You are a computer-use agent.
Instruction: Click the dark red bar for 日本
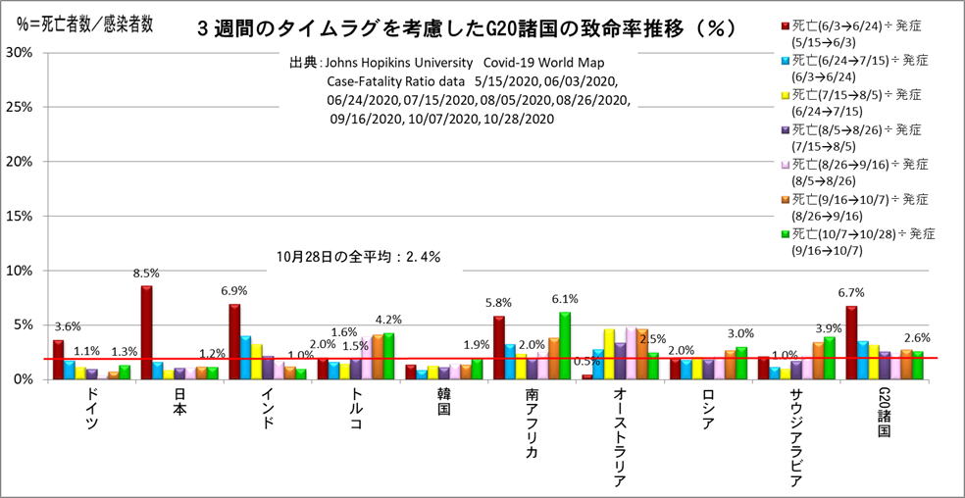point(146,331)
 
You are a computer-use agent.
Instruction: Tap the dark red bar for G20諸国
point(851,342)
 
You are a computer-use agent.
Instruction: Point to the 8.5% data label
point(146,274)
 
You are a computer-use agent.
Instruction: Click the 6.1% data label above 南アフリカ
point(565,299)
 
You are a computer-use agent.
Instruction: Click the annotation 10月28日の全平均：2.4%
point(358,257)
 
